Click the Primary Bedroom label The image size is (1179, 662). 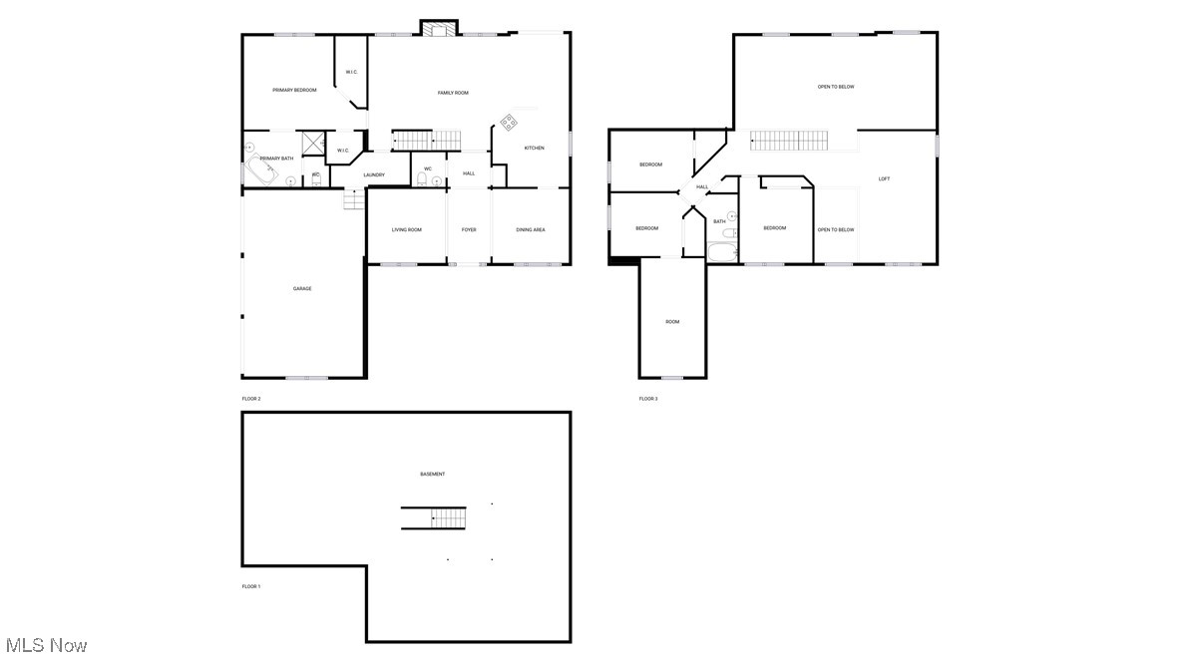tap(294, 91)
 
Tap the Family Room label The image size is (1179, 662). tap(453, 93)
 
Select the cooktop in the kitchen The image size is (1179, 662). tap(509, 123)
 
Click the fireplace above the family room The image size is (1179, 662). tap(437, 29)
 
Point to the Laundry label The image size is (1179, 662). tap(374, 175)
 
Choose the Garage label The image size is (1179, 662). tap(302, 289)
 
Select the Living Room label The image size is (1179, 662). tap(406, 230)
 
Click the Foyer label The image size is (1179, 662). tap(469, 230)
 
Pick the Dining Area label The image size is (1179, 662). tap(531, 230)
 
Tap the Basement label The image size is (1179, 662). tap(432, 474)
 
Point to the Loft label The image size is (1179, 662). tap(884, 179)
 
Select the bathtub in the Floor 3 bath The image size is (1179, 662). tap(721, 250)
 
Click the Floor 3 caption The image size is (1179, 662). tap(648, 399)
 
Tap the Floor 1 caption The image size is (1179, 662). tap(251, 586)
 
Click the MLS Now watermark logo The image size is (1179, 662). tap(46, 646)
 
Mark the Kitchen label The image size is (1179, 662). tap(535, 149)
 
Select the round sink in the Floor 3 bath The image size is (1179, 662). tap(731, 215)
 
